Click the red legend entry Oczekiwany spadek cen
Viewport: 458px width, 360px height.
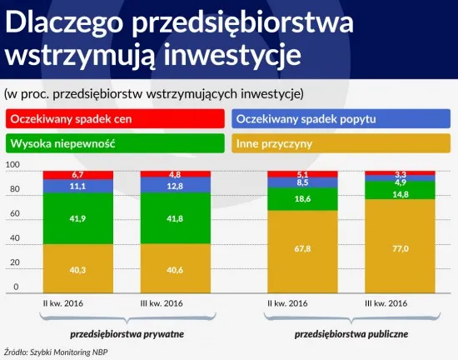pyautogui.click(x=114, y=119)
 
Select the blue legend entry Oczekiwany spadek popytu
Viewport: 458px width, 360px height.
pyautogui.click(x=341, y=119)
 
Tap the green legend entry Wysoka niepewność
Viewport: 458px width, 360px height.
pyautogui.click(x=114, y=143)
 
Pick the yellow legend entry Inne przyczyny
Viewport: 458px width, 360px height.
pyautogui.click(x=341, y=143)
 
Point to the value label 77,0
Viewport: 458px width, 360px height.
pyautogui.click(x=395, y=247)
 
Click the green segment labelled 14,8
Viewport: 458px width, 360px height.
pyautogui.click(x=395, y=194)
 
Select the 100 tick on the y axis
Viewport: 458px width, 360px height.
pyautogui.click(x=12, y=165)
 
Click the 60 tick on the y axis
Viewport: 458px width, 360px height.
pyautogui.click(x=14, y=214)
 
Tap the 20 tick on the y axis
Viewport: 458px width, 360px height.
pyautogui.click(x=14, y=262)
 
